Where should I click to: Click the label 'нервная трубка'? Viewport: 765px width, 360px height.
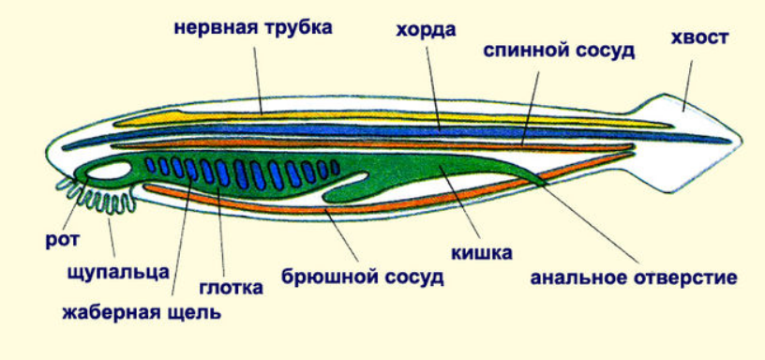pos(253,28)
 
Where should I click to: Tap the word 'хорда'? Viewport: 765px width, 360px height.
pos(426,30)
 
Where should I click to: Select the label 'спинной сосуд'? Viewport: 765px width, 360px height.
pos(559,51)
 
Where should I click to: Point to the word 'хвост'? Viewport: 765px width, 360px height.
pos(699,37)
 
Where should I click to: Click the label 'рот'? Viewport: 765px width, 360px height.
pos(63,241)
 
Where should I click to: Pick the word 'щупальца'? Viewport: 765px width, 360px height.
pos(118,272)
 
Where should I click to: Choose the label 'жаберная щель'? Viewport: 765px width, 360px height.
pos(142,312)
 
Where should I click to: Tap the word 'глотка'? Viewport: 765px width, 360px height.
pos(232,287)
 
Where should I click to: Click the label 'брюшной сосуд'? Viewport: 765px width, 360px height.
pos(363,277)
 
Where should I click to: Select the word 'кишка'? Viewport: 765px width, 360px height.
pos(482,253)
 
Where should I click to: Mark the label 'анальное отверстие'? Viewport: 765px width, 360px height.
pos(634,278)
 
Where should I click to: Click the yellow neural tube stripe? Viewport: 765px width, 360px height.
pos(390,117)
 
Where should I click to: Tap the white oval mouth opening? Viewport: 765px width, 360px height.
pos(110,172)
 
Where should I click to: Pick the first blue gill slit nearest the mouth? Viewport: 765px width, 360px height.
pos(151,165)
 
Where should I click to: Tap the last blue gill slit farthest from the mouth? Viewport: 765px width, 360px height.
pos(336,167)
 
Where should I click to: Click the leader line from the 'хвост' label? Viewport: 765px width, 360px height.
pos(687,86)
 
